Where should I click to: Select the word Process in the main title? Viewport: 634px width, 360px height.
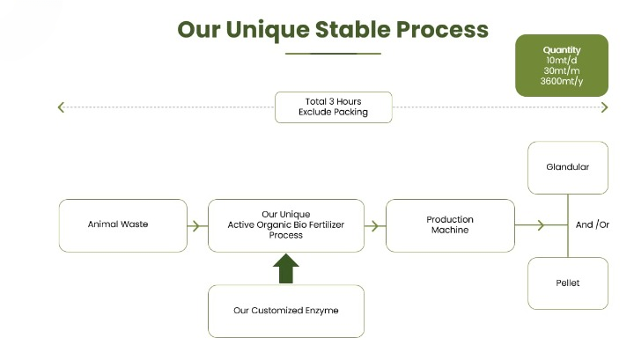[442, 29]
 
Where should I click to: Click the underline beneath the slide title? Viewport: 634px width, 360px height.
[333, 54]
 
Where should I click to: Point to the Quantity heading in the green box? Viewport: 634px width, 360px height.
[562, 50]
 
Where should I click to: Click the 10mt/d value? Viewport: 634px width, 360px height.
[562, 61]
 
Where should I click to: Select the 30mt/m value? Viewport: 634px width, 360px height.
[562, 71]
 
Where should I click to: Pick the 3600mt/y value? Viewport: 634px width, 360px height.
[562, 82]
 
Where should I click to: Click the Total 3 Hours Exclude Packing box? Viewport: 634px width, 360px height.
[333, 107]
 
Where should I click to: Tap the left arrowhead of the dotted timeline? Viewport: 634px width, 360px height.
[61, 107]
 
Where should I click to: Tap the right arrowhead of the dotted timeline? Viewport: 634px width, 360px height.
[605, 107]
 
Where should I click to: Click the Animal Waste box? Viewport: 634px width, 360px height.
[122, 224]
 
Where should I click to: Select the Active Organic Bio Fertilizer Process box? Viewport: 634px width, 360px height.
[285, 224]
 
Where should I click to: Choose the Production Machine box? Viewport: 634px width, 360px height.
[450, 224]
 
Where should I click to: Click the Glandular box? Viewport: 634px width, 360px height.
[567, 167]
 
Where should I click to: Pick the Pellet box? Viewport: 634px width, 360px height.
[567, 283]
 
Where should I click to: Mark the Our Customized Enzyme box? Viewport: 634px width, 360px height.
[285, 311]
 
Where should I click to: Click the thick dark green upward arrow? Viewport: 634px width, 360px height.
[285, 268]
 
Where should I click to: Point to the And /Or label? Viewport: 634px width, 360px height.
[593, 225]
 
